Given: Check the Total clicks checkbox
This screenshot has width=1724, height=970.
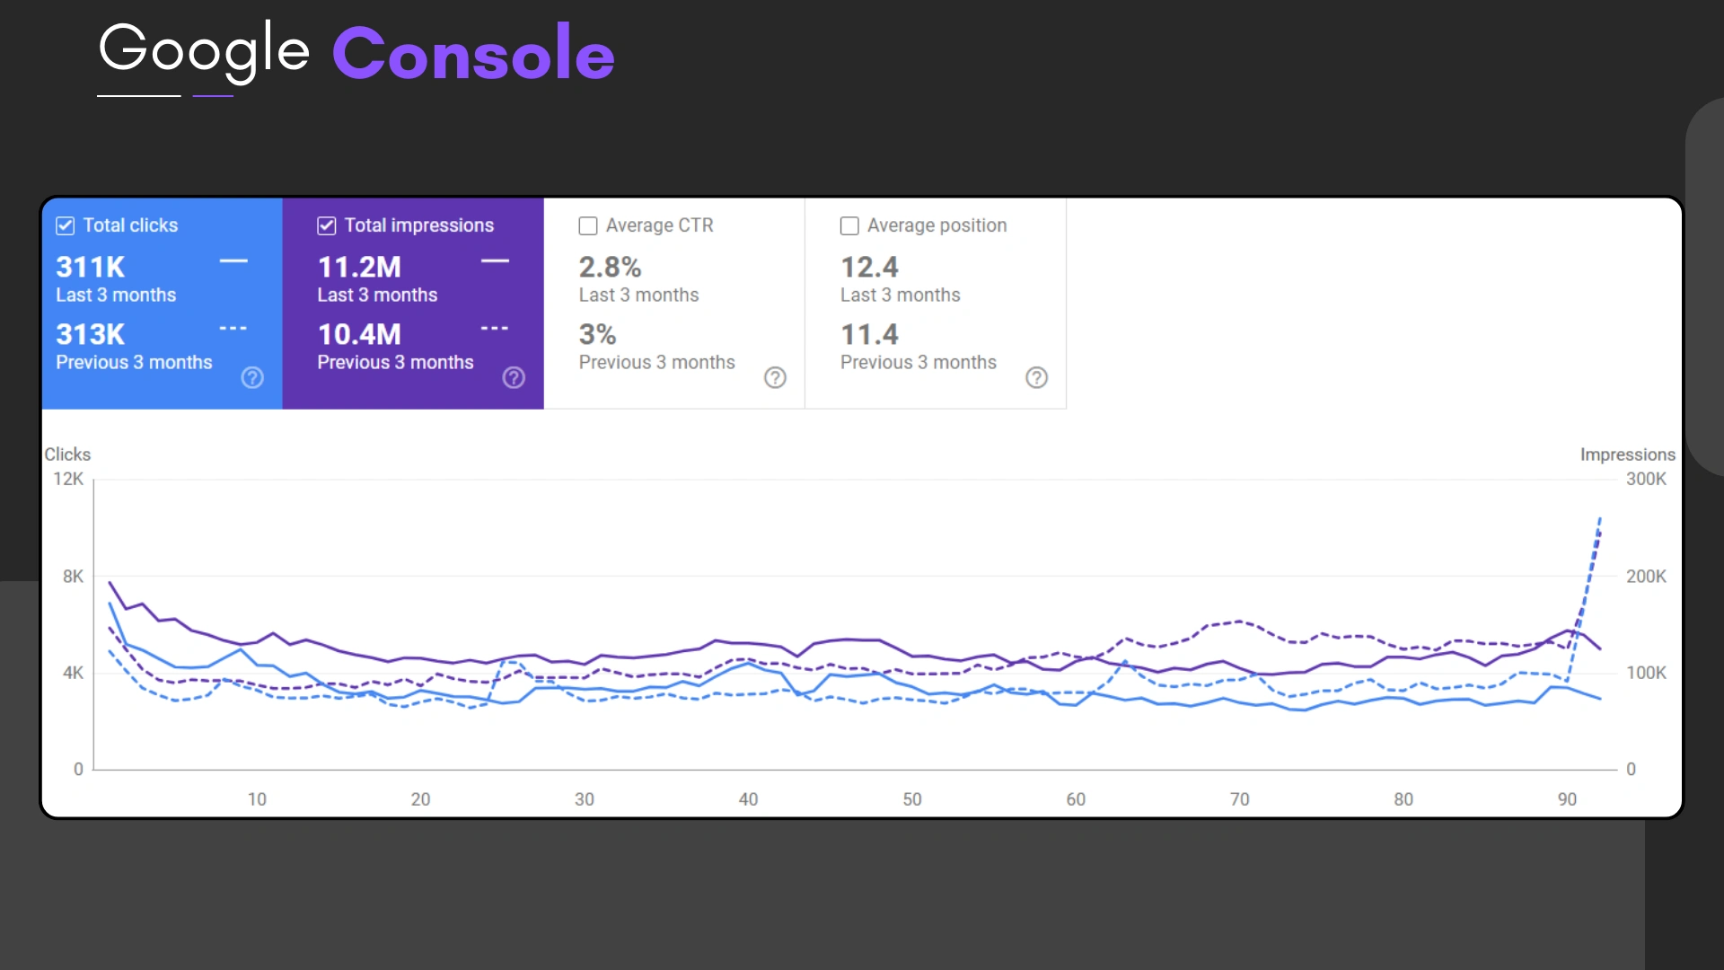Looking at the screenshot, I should pos(66,225).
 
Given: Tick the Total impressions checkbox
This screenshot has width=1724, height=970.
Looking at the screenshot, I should pos(327,225).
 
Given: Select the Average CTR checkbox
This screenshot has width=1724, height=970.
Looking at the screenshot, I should pos(588,225).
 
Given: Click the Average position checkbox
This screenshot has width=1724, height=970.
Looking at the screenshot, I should pos(849,225).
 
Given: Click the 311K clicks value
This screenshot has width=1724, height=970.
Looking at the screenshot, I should pos(91,267).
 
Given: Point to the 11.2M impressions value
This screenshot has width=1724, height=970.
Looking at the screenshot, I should pos(359,267).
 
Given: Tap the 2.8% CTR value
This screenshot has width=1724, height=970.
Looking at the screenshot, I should pos(610,267).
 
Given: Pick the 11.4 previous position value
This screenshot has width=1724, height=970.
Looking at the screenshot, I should pos(869,334).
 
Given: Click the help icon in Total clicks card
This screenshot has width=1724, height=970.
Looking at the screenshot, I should pos(252,377).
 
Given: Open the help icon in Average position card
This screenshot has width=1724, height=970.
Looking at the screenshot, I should pos(1036,377).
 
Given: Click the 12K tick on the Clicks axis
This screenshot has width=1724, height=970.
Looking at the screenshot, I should pos(68,479).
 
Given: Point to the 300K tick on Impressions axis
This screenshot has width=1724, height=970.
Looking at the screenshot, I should pos(1646,479).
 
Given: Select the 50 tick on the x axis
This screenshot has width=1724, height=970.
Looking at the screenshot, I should pos(912,798).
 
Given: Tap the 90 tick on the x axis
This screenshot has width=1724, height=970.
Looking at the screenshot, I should pos(1567,798).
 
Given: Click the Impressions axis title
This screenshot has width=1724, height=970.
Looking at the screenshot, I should pos(1627,454).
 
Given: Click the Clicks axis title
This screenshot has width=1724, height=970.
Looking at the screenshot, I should pos(67,454).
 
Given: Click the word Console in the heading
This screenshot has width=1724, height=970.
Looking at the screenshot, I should pos(473,53).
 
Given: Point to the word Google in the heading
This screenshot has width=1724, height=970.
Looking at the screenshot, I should pos(204,49).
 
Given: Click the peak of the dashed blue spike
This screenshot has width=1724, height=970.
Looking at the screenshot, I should pos(1600,518).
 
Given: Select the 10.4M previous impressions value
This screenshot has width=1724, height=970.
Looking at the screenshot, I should pos(359,334).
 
